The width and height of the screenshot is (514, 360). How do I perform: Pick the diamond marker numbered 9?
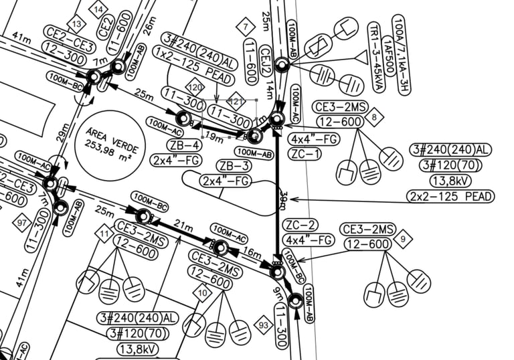pyautogui.click(x=403, y=238)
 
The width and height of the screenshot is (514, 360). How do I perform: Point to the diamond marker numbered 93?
pyautogui.click(x=264, y=326)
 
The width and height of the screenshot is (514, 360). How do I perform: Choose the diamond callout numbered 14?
pyautogui.click(x=98, y=9)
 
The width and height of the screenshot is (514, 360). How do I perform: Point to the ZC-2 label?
pyautogui.click(x=301, y=225)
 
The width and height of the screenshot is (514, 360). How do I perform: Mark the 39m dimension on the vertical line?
pyautogui.click(x=283, y=199)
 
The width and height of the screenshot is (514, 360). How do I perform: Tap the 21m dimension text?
pyautogui.click(x=183, y=223)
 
